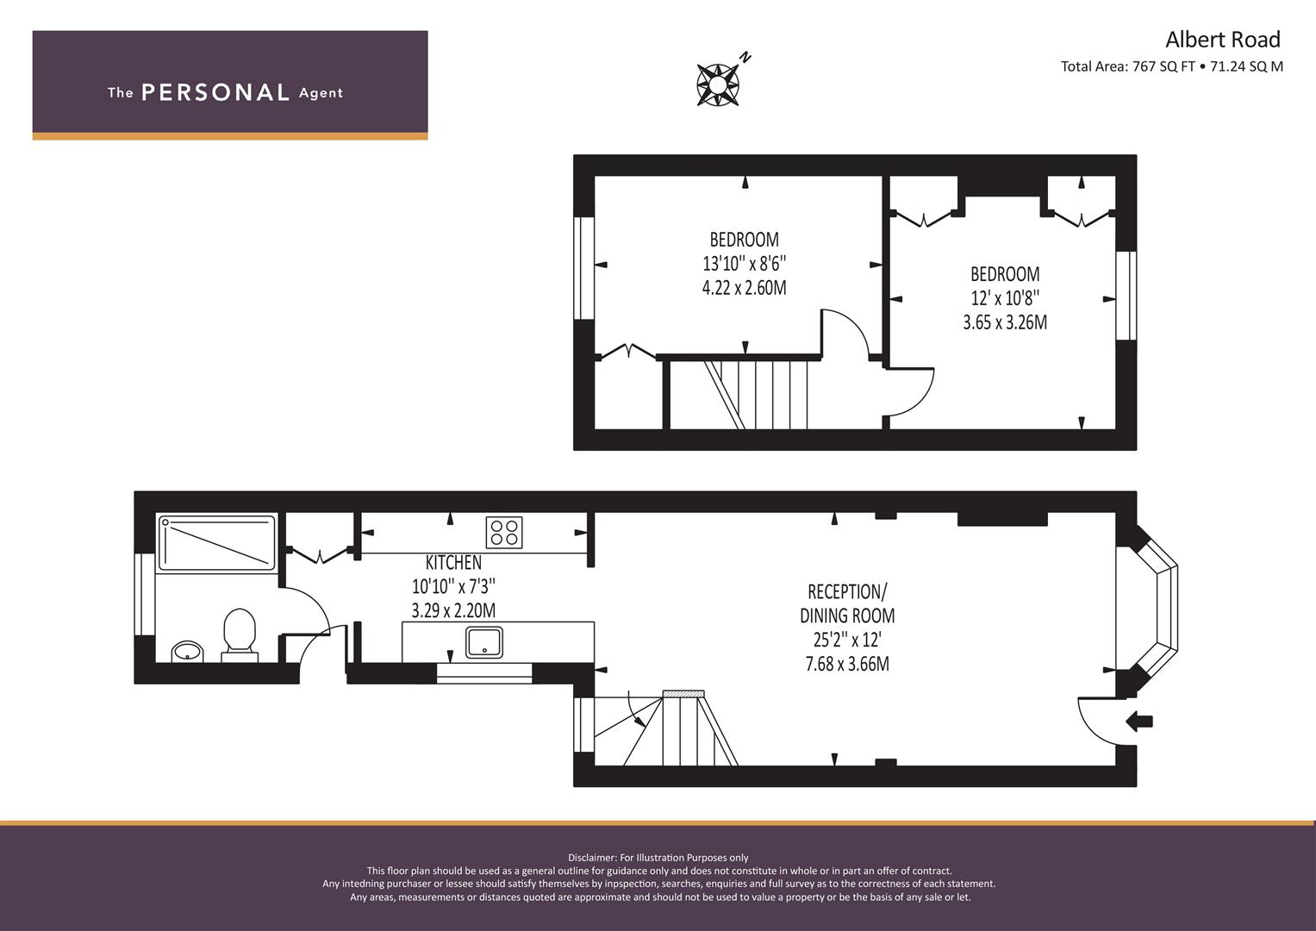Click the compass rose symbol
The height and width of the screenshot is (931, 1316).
coord(718,84)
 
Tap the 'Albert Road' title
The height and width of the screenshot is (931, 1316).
coord(1223,40)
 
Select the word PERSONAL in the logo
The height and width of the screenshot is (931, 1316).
coord(215,93)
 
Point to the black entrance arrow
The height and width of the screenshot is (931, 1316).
coord(1139,722)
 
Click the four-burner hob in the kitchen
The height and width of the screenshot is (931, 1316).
coord(504,533)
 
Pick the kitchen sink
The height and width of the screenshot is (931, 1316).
coord(484,642)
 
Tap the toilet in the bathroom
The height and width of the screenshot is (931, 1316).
coord(240,635)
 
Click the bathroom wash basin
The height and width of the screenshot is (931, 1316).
coord(187,651)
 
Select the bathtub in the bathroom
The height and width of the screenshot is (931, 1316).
coord(217,542)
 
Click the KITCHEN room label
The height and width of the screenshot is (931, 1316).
coord(453,562)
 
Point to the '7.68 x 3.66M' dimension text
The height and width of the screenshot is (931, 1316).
coord(847,664)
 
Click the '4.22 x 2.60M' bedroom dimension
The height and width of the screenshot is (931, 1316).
coord(745,287)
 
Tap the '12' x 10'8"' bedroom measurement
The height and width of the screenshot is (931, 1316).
coord(1005,298)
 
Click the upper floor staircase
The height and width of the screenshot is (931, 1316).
coord(739,395)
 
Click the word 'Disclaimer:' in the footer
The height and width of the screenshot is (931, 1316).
coord(592,858)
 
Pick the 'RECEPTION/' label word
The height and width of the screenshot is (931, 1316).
coord(847,591)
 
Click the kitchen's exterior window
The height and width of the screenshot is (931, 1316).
coord(484,673)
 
